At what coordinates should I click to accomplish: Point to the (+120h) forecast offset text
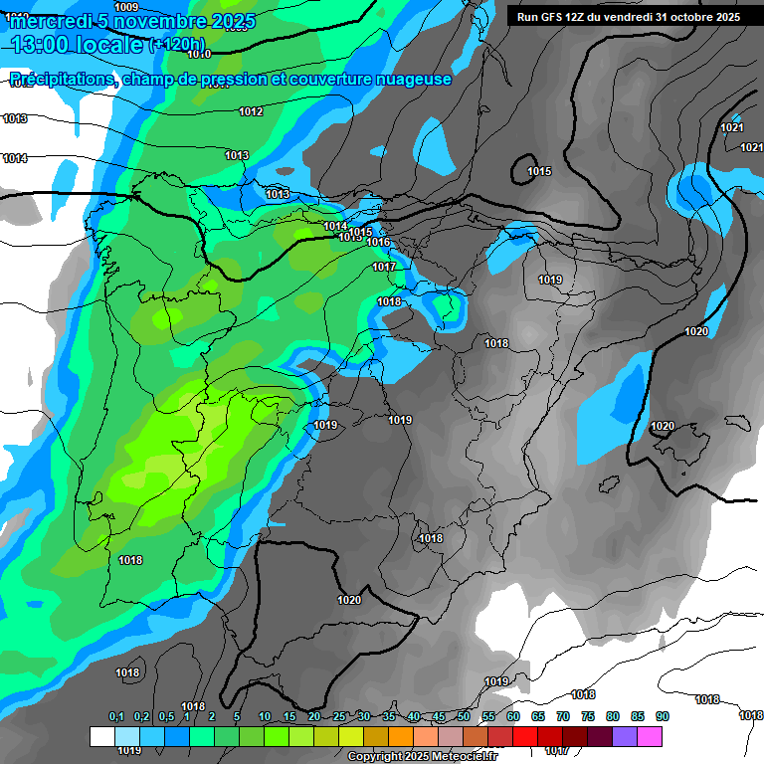pos(177,45)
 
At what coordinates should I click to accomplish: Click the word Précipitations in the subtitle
pos(62,80)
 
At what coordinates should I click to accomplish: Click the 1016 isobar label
pos(378,242)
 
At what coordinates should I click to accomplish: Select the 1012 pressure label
pos(251,111)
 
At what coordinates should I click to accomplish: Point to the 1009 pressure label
pos(126,7)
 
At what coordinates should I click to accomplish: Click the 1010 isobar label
pos(199,54)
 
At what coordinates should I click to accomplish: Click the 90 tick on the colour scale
pos(662,717)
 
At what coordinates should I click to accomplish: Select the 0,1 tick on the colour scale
pos(115,717)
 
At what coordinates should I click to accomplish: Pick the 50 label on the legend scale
pos(464,717)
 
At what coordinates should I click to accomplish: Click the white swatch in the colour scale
pos(101,736)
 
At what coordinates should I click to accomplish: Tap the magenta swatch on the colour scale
pos(650,736)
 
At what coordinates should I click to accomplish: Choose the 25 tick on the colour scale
pos(339,717)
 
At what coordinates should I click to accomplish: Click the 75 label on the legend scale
pos(587,717)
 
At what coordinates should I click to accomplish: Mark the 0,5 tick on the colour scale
pos(165,717)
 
